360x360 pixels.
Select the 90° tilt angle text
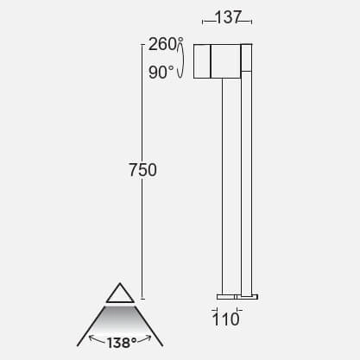161,73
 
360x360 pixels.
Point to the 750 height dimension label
142,170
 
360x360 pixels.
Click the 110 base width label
225,319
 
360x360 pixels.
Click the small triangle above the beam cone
120,292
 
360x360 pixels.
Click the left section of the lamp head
200,60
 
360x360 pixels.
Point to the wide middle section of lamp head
225,60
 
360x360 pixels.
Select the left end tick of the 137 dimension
201,17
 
